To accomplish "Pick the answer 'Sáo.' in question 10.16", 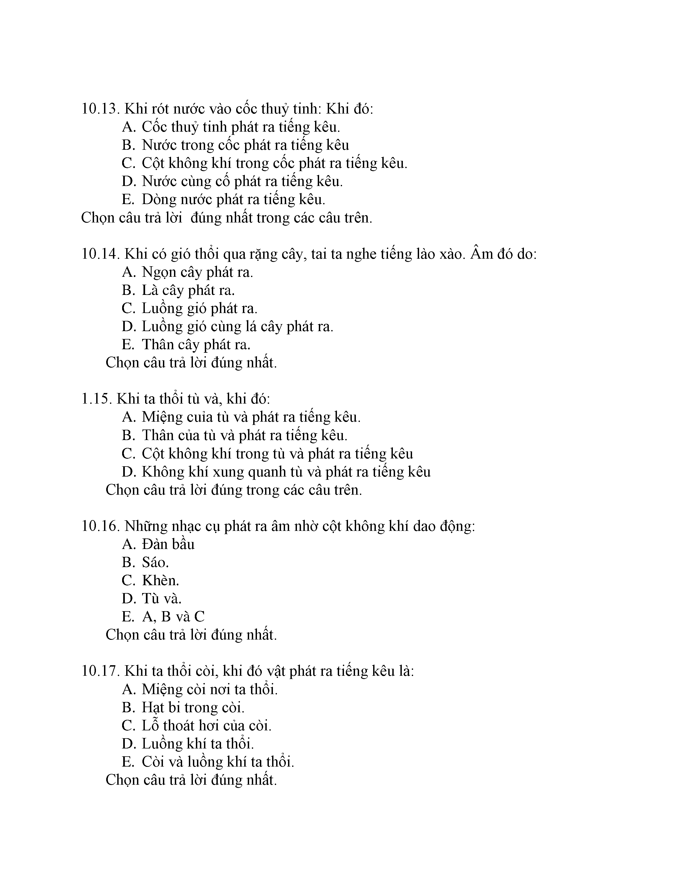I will (x=155, y=563).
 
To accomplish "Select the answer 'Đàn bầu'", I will (x=168, y=544).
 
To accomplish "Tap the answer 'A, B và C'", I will (x=173, y=617).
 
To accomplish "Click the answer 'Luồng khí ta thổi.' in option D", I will (x=198, y=744).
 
